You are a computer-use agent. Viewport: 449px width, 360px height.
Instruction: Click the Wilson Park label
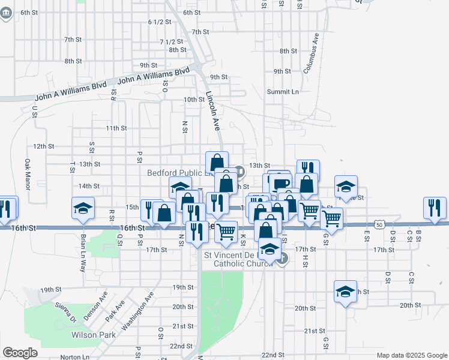(x=93, y=335)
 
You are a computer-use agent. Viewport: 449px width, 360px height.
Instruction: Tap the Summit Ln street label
(x=283, y=92)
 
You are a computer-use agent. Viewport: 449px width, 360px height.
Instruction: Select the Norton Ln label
(x=74, y=357)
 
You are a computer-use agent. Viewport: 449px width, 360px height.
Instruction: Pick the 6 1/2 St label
(x=160, y=22)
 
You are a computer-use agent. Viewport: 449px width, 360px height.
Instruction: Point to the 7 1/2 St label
(x=171, y=42)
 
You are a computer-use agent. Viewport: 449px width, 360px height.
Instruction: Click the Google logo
(x=20, y=352)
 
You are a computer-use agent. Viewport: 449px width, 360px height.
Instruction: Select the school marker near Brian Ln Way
(x=83, y=208)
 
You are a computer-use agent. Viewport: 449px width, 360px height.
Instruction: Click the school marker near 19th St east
(x=345, y=292)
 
